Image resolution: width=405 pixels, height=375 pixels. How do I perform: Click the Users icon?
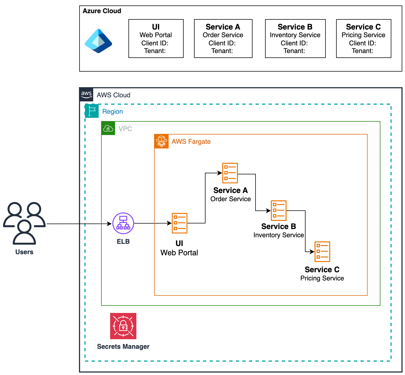click(x=24, y=223)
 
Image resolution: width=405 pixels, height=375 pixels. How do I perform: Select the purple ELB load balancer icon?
click(x=123, y=223)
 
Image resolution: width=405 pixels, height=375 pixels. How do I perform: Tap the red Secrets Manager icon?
click(x=123, y=326)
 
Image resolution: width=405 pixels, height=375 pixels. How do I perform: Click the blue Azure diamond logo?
click(x=98, y=41)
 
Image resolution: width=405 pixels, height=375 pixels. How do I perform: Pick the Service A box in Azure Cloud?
click(x=223, y=39)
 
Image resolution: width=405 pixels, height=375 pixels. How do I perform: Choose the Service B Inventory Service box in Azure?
click(x=295, y=39)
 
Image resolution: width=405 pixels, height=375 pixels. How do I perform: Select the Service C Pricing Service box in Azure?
click(x=363, y=39)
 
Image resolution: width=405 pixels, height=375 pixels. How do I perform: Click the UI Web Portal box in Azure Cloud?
click(x=156, y=39)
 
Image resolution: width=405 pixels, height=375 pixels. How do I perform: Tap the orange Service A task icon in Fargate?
click(x=230, y=173)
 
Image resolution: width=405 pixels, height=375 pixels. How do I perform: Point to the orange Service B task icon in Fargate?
click(x=278, y=210)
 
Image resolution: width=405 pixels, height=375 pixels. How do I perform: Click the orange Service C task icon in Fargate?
click(x=322, y=251)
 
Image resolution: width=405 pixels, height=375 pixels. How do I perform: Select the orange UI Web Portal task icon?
click(x=180, y=223)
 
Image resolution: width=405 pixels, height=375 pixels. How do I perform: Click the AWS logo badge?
click(x=86, y=95)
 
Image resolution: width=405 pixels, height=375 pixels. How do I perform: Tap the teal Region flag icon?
click(x=92, y=111)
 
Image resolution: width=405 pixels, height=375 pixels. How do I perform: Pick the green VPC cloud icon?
click(x=108, y=128)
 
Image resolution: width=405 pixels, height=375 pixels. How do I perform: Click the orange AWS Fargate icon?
click(x=162, y=141)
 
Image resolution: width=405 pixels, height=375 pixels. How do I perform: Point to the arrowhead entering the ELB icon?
click(x=109, y=224)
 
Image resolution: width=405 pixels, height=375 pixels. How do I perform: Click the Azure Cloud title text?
click(x=102, y=11)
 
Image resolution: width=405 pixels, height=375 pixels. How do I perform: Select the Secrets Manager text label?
click(x=123, y=347)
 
